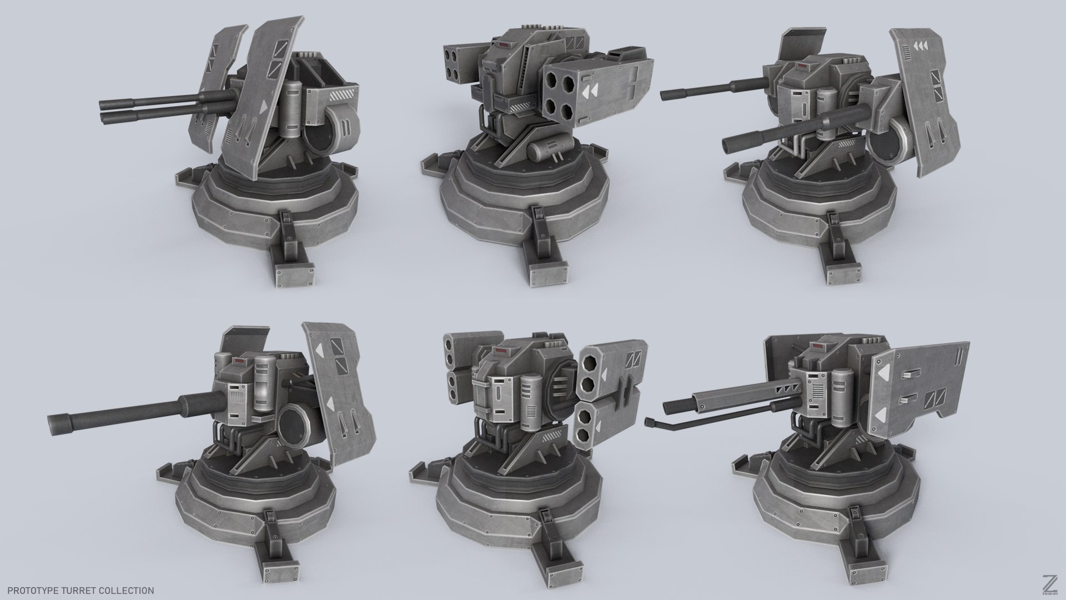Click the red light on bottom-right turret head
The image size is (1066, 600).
(x=818, y=346)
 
